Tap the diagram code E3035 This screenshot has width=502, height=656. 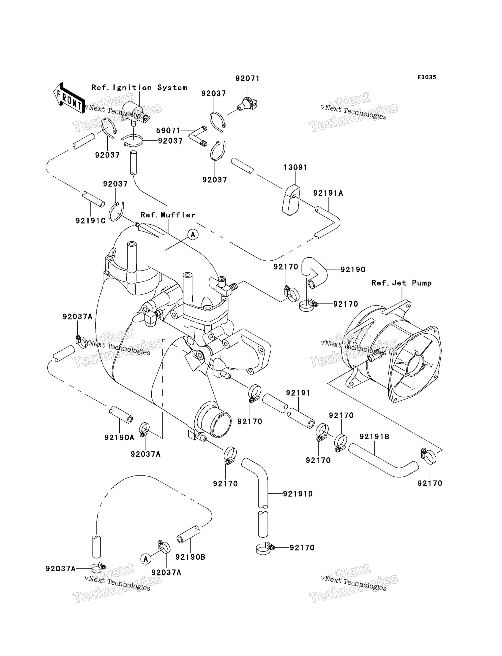[x=427, y=77]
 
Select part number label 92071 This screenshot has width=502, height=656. [x=247, y=78]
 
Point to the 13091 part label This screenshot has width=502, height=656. [x=295, y=167]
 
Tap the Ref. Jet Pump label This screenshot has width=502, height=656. [x=401, y=283]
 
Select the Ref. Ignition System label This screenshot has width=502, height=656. [x=139, y=87]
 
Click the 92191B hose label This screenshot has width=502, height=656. [x=374, y=437]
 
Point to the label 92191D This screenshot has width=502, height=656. [x=298, y=494]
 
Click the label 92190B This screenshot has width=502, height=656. [x=190, y=557]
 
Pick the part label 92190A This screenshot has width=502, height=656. [x=119, y=437]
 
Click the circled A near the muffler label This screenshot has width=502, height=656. [x=193, y=235]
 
